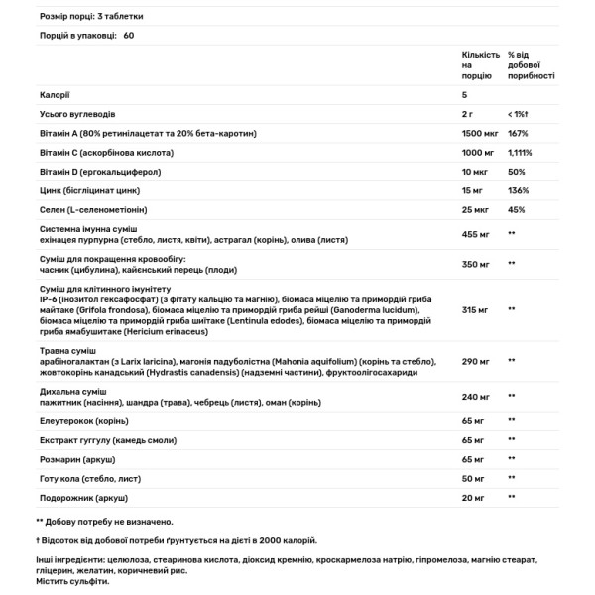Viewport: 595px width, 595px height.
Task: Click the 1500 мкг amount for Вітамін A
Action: click(481, 133)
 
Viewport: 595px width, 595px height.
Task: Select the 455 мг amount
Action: click(476, 234)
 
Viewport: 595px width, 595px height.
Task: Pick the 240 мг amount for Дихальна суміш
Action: click(476, 396)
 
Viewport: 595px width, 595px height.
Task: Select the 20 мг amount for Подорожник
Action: click(473, 496)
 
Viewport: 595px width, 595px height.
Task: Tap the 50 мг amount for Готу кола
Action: click(473, 477)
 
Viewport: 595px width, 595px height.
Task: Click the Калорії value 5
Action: click(464, 95)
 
